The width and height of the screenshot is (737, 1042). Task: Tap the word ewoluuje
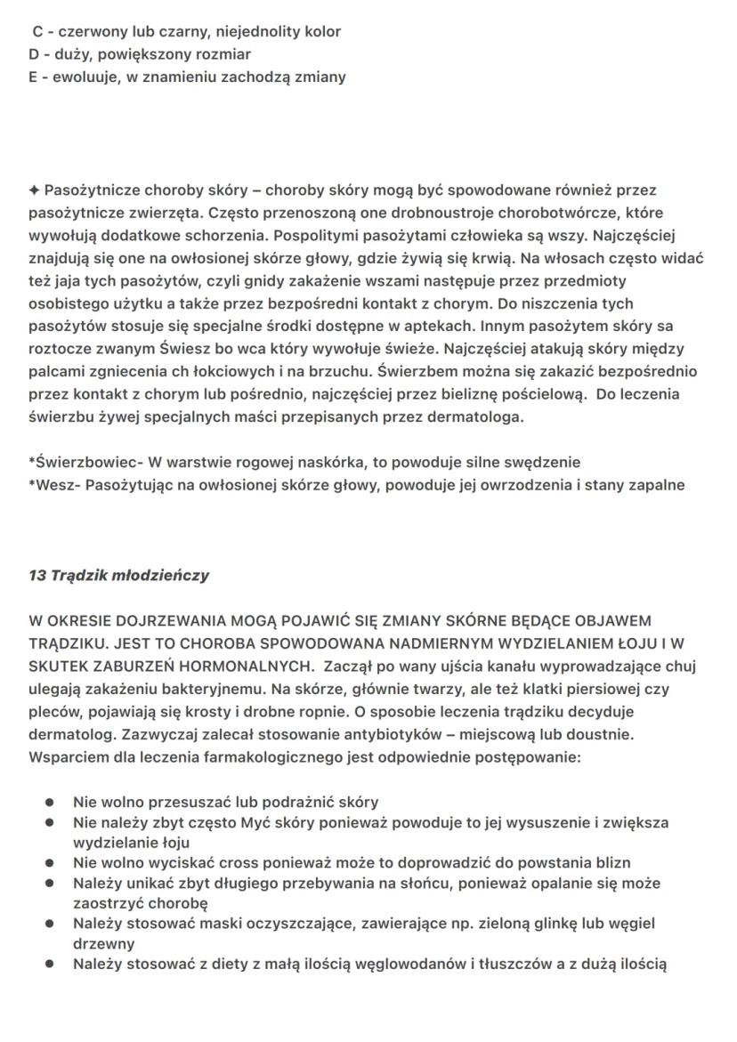point(77,77)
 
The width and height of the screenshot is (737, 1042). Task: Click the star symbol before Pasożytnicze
point(34,190)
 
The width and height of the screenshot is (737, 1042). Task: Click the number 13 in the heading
point(38,575)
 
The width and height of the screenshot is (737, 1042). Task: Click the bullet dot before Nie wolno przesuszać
point(52,802)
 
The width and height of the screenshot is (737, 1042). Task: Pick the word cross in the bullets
point(231,862)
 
